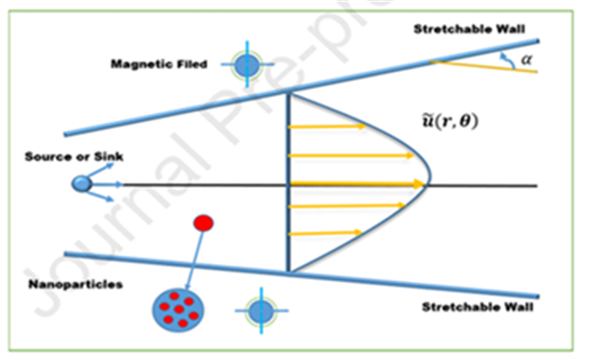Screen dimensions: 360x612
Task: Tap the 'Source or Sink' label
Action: [74, 156]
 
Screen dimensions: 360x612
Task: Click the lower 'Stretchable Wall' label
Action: [477, 307]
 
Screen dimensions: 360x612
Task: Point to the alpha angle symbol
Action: [526, 59]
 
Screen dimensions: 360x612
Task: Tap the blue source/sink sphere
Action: [80, 183]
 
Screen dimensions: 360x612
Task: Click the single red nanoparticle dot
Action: [203, 224]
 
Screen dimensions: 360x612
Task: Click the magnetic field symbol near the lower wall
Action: [259, 310]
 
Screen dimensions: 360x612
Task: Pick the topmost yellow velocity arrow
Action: [328, 127]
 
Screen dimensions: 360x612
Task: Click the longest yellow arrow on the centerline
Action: [358, 183]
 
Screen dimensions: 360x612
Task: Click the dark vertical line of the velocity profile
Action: [289, 183]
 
